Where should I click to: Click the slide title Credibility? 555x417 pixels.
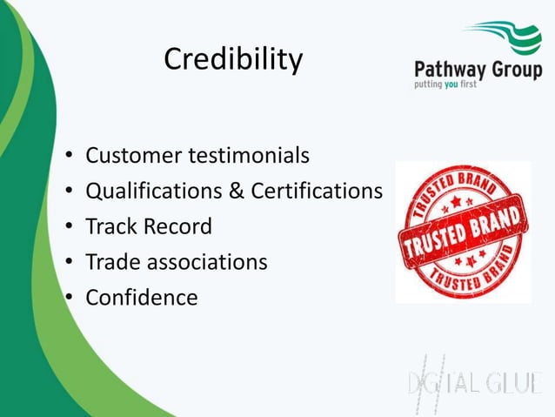[x=233, y=60]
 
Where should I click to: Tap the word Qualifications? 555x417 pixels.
[x=156, y=191]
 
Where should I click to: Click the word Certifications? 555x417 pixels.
[x=317, y=191]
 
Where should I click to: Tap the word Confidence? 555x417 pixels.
[x=141, y=297]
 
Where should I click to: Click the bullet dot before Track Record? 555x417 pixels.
[x=67, y=228]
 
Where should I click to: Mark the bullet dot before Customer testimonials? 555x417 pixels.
[x=67, y=158]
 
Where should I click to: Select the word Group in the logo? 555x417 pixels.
[x=518, y=71]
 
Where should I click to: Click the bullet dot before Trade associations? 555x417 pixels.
[x=67, y=263]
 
